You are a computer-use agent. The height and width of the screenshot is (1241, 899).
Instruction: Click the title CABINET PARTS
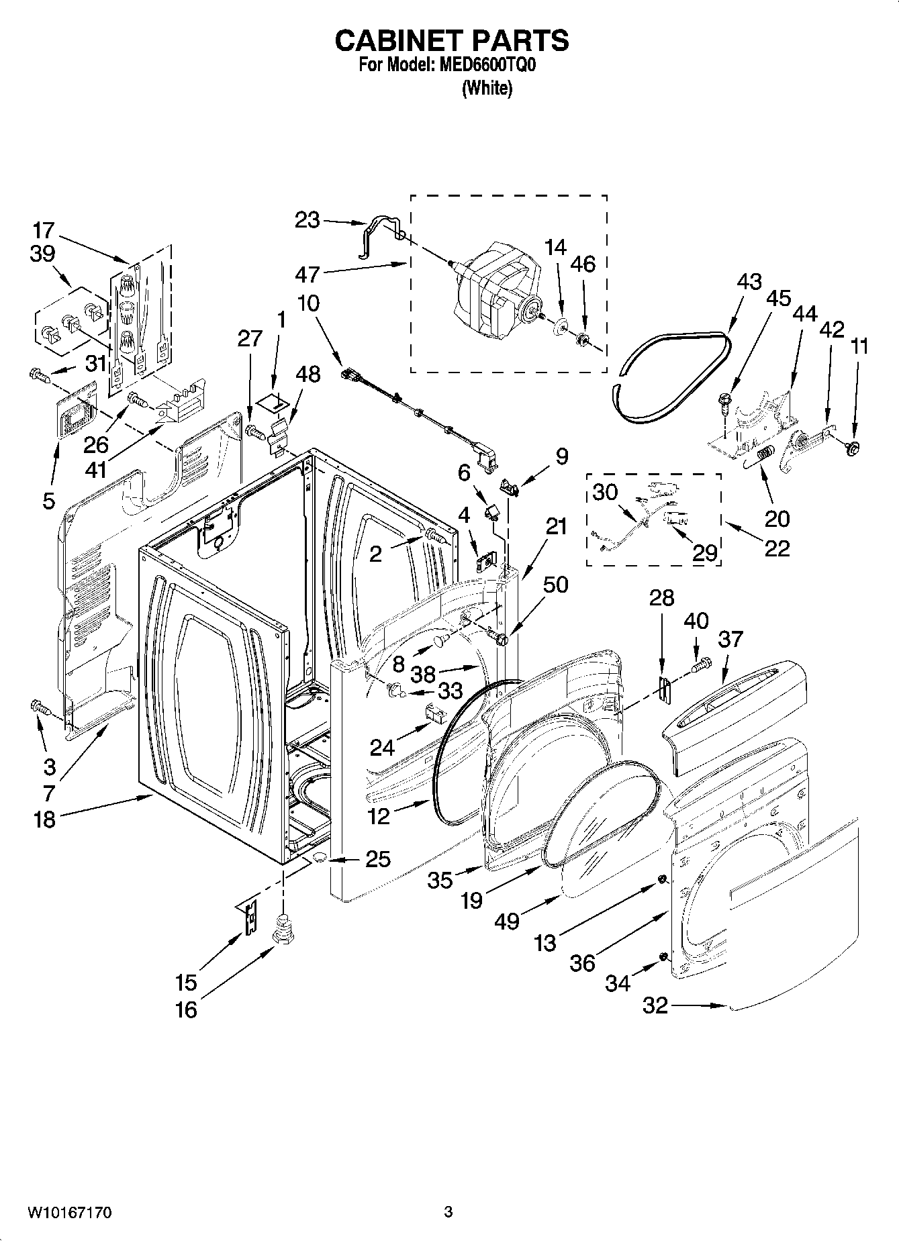tap(452, 41)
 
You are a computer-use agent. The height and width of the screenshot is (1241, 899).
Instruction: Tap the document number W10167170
tap(68, 1212)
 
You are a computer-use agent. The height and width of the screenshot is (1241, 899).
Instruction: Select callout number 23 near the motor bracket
tap(308, 219)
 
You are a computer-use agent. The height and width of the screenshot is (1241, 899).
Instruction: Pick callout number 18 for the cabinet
tap(45, 819)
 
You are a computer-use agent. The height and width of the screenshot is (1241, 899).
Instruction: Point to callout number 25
tap(377, 858)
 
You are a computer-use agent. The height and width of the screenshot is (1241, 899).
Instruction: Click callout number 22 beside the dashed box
tap(776, 548)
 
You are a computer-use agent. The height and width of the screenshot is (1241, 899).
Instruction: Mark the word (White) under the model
tap(487, 88)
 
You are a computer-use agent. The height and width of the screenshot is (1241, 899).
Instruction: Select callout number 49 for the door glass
tap(507, 921)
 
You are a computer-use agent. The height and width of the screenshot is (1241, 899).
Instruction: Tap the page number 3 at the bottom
tap(448, 1212)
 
